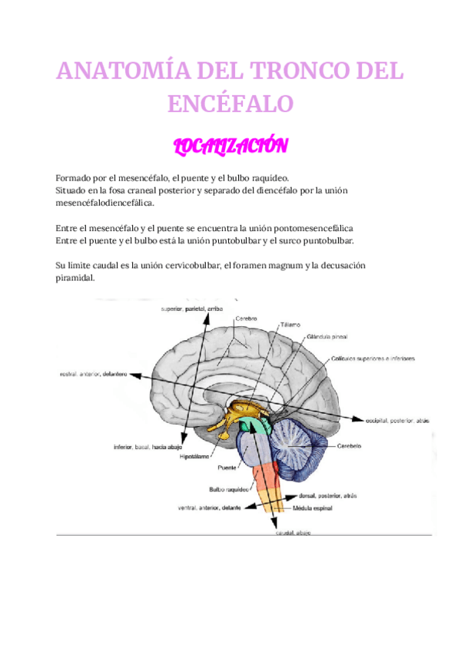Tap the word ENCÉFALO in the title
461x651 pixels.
pyautogui.click(x=230, y=103)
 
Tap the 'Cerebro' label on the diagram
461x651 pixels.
pyautogui.click(x=246, y=317)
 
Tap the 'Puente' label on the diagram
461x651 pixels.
pyautogui.click(x=227, y=468)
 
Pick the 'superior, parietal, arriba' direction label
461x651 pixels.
pyautogui.click(x=191, y=309)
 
